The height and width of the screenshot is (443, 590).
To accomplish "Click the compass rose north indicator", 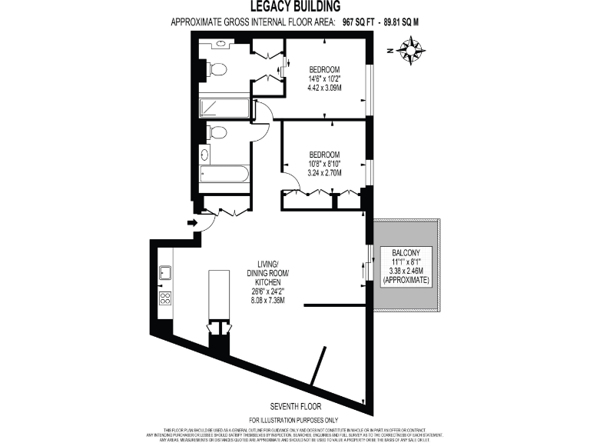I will [412, 52].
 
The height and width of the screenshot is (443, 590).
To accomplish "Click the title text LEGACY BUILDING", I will [295, 7].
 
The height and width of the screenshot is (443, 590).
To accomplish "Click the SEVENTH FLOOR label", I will [296, 405].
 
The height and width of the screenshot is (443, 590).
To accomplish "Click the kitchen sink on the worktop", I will [164, 271].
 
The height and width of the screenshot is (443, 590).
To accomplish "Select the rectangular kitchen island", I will [220, 295].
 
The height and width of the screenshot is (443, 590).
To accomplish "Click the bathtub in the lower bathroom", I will [224, 174].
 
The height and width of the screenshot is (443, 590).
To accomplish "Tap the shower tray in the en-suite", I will [224, 108].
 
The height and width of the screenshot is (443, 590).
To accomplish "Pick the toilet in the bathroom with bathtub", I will [217, 132].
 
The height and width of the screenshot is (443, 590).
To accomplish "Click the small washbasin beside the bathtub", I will [204, 153].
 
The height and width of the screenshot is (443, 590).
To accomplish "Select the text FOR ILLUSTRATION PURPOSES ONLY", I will [296, 419].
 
